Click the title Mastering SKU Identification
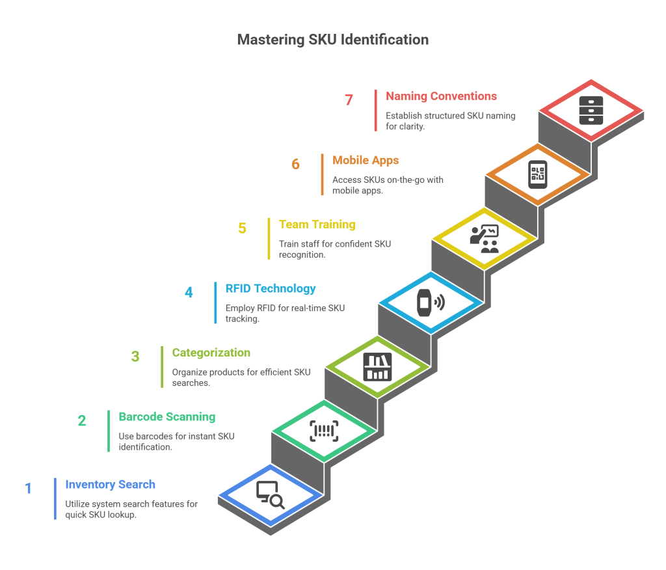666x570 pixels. (332, 40)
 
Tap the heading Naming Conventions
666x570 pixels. (441, 96)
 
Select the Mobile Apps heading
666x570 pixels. (366, 160)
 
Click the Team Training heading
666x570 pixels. (317, 224)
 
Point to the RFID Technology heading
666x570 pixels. (271, 288)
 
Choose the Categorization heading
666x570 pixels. (211, 353)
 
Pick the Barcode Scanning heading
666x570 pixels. (166, 416)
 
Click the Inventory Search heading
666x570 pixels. (110, 484)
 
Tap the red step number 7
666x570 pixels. (349, 100)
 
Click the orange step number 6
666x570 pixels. (296, 164)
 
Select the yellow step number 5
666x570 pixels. (243, 228)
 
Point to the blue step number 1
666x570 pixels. (29, 488)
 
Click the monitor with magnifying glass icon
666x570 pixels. (270, 495)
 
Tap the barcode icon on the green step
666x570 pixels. (324, 431)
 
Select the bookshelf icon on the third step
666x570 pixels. (377, 366)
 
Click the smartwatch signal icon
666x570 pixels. (431, 303)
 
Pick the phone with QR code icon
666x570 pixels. (538, 174)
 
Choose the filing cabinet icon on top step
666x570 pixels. (591, 110)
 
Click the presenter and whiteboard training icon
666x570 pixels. (485, 238)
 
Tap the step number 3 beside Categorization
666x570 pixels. (135, 357)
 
